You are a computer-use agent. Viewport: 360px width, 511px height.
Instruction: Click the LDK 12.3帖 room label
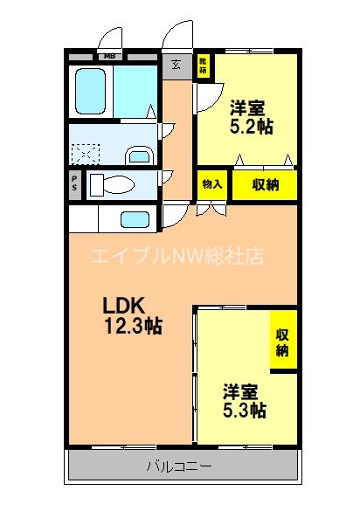(133, 316)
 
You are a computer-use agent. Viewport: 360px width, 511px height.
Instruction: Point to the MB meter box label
(110, 58)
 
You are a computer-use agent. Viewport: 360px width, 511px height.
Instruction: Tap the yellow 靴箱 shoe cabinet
(202, 66)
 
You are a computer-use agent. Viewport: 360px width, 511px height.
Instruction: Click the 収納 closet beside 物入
(266, 184)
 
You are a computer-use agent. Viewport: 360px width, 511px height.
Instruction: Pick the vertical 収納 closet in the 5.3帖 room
(283, 342)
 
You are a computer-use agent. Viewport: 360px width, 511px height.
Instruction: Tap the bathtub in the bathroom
(91, 90)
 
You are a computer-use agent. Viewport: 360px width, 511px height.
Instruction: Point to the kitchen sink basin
(134, 218)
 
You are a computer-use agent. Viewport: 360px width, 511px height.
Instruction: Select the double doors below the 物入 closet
(211, 209)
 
